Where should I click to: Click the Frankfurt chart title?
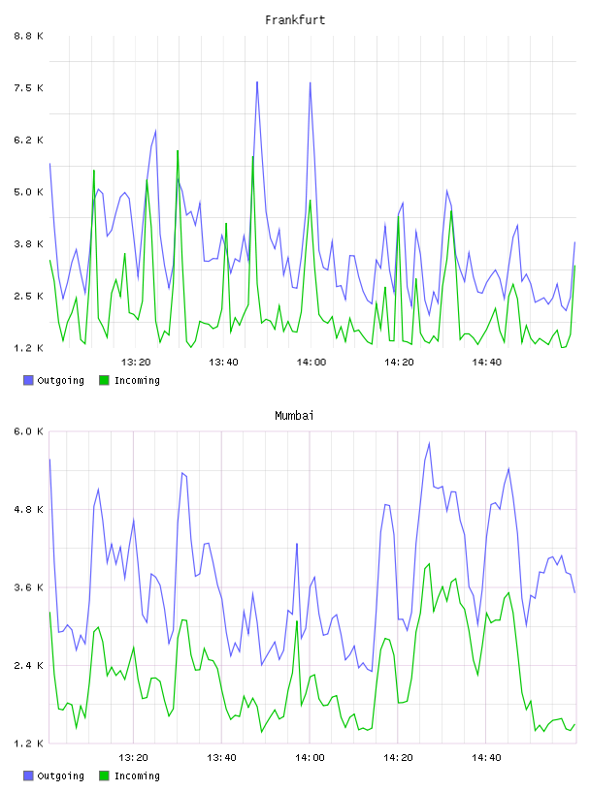click(x=295, y=20)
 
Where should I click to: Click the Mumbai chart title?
click(x=294, y=416)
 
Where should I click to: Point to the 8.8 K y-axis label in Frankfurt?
click(x=29, y=36)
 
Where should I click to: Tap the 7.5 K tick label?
click(x=29, y=88)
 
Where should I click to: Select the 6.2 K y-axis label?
click(x=29, y=140)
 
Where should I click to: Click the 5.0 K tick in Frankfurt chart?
click(x=29, y=192)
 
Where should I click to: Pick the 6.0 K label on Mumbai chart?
click(x=29, y=431)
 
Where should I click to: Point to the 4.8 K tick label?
click(x=29, y=509)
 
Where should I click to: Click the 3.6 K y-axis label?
click(x=29, y=587)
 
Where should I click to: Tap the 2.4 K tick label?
click(x=29, y=665)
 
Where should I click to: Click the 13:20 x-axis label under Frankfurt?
click(x=136, y=362)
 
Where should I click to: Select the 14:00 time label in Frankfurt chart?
click(x=311, y=362)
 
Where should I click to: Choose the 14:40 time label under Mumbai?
click(x=486, y=757)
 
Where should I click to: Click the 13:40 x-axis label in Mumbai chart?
click(x=222, y=757)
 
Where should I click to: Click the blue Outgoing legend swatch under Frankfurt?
click(x=28, y=380)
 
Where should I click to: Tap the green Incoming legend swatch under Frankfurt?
click(x=104, y=380)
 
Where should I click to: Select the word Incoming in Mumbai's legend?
click(x=137, y=775)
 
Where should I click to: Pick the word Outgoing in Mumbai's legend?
click(x=60, y=775)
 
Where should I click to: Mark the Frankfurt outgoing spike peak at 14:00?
click(x=311, y=82)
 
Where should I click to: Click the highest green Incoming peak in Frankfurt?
click(x=178, y=150)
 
